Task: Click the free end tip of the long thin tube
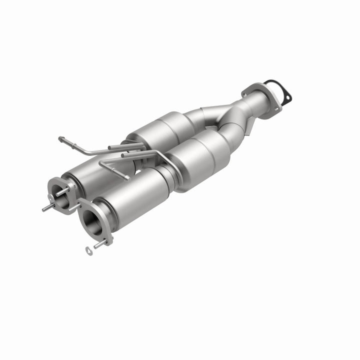pos(61,138)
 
